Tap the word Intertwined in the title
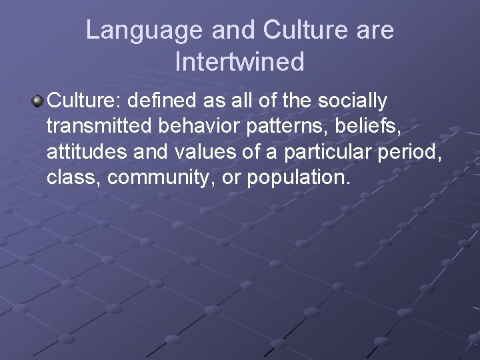click(239, 61)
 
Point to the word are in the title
click(375, 30)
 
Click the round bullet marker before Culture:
click(37, 101)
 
